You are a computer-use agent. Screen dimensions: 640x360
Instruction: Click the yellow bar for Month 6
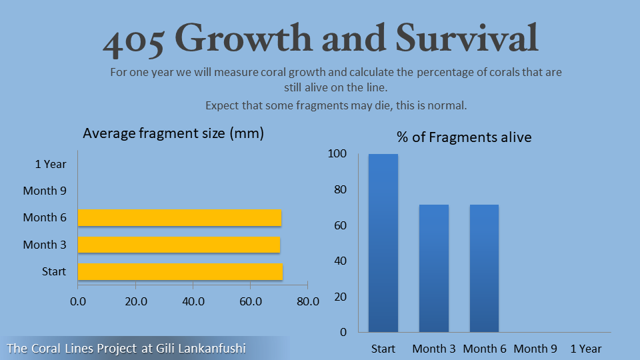(x=179, y=217)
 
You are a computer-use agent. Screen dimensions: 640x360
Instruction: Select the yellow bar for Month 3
(x=179, y=245)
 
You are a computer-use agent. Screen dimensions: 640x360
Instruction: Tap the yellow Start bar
(x=180, y=271)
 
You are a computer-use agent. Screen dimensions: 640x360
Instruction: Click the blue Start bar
(x=383, y=243)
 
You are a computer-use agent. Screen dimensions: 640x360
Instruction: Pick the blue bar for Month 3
(x=434, y=268)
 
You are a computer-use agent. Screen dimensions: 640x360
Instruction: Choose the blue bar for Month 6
(x=484, y=268)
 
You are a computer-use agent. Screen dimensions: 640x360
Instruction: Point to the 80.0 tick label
(x=308, y=301)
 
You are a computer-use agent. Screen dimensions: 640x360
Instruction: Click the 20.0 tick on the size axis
(x=136, y=301)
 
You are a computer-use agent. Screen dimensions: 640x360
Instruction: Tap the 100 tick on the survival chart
(x=337, y=153)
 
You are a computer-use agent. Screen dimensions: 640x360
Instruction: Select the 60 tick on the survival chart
(x=341, y=225)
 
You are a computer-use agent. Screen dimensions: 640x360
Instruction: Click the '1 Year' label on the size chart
(x=51, y=164)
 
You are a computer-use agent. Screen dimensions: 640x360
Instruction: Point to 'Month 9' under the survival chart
(x=535, y=349)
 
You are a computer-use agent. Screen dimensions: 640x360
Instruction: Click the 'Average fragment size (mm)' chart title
(x=173, y=133)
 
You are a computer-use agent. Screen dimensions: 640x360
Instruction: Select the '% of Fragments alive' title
(x=464, y=137)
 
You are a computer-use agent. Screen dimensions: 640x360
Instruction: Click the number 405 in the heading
(x=133, y=41)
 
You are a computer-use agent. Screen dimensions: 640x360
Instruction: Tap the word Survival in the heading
(x=467, y=38)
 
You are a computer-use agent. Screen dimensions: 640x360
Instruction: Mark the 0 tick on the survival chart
(x=343, y=332)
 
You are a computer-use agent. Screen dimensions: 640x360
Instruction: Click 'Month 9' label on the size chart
(x=45, y=191)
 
